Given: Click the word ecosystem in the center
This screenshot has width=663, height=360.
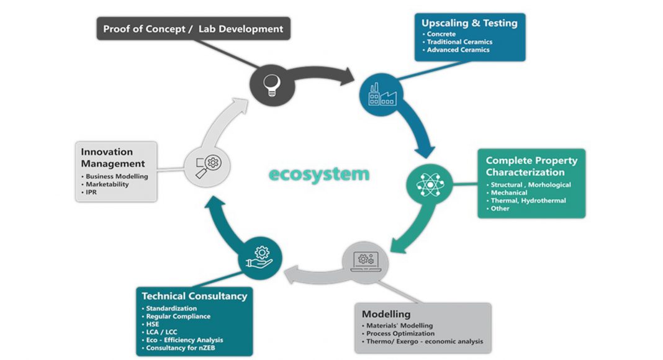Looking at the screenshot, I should [x=319, y=174].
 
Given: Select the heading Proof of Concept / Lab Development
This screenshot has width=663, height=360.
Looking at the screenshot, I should [x=193, y=29].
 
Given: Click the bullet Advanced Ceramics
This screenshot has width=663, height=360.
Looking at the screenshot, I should [x=459, y=50].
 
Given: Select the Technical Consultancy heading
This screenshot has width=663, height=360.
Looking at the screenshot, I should [x=194, y=296].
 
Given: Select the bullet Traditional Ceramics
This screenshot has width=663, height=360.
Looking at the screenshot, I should [x=460, y=42].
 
